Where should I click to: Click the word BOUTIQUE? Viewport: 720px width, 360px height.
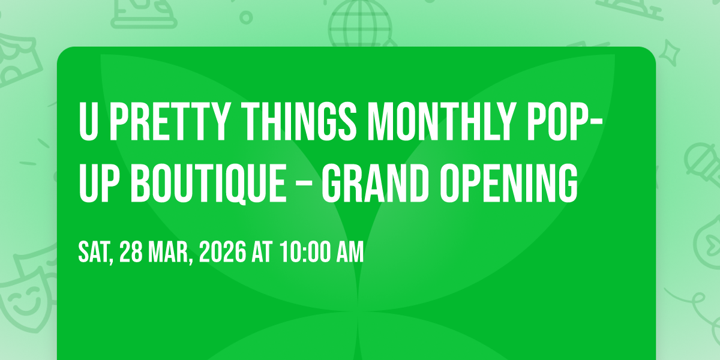click(x=208, y=183)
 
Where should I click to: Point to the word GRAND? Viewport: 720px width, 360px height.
click(x=376, y=183)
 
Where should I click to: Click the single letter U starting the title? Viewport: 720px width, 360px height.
click(x=88, y=122)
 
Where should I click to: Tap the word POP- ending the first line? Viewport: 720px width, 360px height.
click(x=565, y=122)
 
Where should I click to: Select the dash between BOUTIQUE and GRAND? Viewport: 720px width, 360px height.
click(x=304, y=185)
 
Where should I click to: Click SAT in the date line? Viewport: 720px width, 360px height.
click(x=96, y=253)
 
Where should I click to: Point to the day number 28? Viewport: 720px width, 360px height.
click(x=131, y=253)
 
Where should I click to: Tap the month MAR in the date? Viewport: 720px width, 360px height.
click(x=170, y=253)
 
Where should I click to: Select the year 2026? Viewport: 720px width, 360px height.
click(x=223, y=253)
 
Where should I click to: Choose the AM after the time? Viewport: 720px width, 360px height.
click(x=350, y=253)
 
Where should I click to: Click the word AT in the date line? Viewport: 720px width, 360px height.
click(x=262, y=253)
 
